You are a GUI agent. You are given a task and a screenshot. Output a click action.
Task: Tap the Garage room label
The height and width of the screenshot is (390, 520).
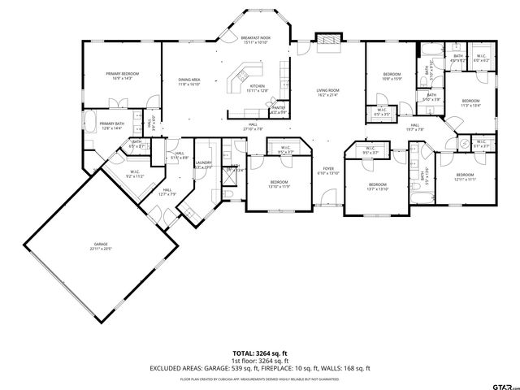[101, 246]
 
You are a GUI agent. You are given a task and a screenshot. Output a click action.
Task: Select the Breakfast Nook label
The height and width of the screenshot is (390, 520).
[255, 40]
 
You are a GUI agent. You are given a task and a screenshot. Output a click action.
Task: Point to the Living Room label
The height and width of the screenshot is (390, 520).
[327, 93]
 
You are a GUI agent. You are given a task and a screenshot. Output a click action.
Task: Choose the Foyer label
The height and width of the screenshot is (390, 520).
[328, 171]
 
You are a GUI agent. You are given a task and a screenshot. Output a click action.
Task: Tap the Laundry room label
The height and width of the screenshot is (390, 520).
[203, 165]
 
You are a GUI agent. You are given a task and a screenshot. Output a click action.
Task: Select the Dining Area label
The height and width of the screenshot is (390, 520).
[189, 81]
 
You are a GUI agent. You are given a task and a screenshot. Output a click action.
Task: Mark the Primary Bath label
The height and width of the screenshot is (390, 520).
[110, 126]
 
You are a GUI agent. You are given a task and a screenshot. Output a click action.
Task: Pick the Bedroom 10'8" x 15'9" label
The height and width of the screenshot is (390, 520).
[392, 76]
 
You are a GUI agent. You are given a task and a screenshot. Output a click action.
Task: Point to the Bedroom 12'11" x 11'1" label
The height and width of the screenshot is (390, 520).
[465, 177]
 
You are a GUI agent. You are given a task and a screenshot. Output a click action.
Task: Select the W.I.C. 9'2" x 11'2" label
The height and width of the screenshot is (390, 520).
[135, 174]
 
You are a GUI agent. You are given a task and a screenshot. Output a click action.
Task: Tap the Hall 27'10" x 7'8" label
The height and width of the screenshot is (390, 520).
[253, 126]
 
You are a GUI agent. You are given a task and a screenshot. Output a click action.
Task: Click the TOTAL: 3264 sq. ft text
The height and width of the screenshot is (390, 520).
[259, 353]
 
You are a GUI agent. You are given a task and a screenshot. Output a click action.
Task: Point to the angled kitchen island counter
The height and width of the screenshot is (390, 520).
[240, 79]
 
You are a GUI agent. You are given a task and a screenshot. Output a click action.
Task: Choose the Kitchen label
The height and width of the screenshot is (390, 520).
[258, 88]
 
